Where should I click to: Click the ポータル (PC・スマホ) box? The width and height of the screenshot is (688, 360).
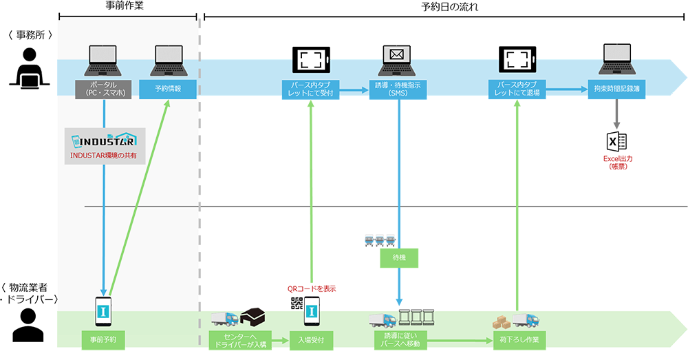[x=104, y=89]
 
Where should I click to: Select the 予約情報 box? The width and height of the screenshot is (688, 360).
[x=167, y=89]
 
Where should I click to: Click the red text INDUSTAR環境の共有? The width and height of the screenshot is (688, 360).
[x=104, y=156]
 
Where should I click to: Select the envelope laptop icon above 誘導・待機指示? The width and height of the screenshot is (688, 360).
[x=396, y=59]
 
